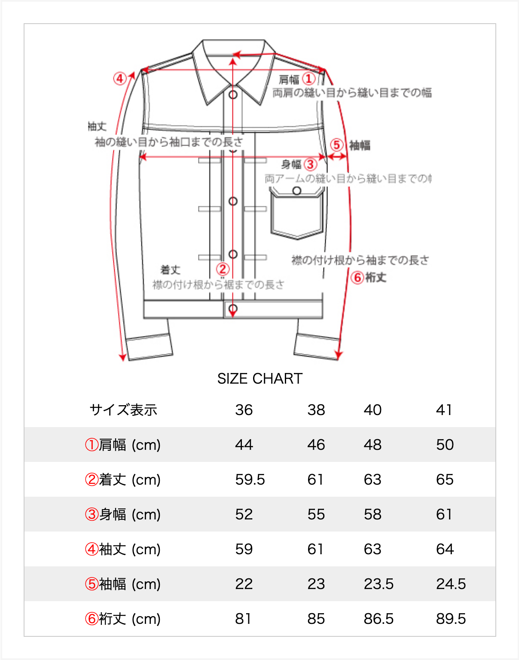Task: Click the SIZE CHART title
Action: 259,379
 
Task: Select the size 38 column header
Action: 316,410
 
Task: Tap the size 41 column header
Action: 444,410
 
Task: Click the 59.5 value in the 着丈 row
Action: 250,480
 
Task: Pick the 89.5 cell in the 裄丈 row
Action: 451,619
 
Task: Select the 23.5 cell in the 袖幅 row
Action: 379,584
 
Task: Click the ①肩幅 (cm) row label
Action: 123,445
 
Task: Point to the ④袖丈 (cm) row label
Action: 123,549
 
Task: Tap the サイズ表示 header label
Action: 123,410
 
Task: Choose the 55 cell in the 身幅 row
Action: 316,514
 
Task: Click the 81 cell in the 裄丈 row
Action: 243,619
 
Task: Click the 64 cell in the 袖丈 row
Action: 445,549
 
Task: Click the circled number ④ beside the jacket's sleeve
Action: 120,79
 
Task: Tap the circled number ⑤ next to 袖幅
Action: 337,145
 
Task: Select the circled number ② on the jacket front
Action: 223,269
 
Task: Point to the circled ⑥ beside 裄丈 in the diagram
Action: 357,278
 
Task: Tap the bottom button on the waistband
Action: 233,309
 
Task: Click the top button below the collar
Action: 233,95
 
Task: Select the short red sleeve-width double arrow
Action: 337,157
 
